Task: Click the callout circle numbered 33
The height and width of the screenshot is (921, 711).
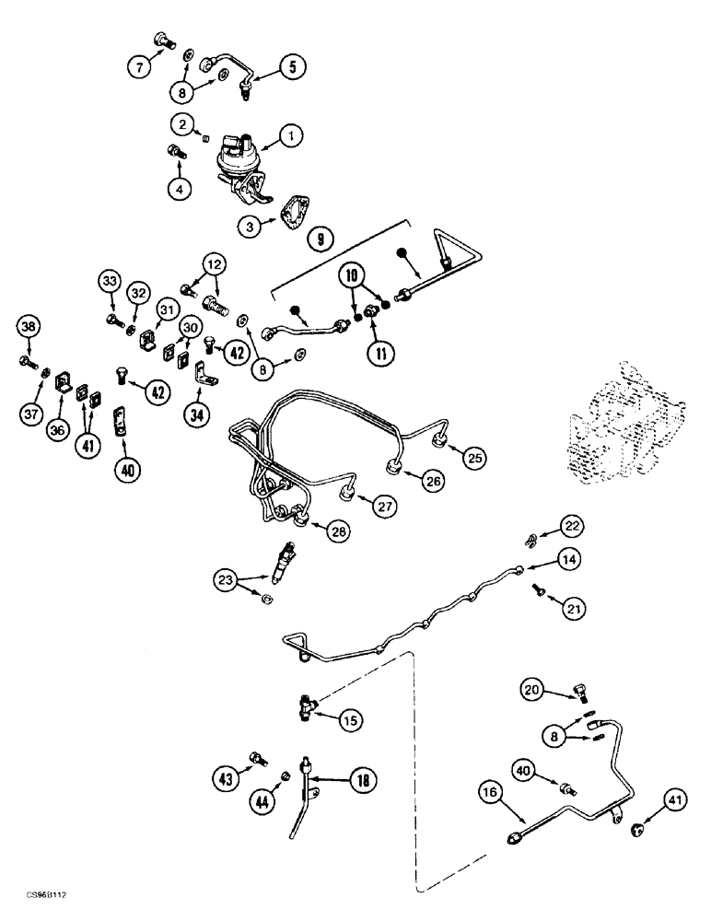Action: coord(110,280)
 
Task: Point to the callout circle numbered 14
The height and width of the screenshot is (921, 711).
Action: coord(567,558)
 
